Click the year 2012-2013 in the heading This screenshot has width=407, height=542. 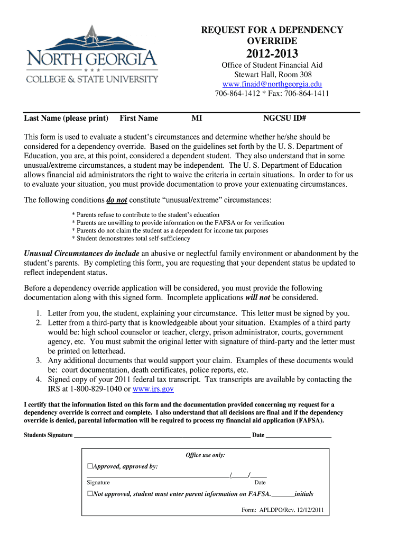[272, 53]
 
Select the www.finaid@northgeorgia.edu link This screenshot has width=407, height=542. [272, 84]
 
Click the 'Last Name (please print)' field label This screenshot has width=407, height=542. [66, 118]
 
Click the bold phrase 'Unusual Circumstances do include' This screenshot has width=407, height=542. [82, 254]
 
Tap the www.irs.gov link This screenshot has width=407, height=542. [153, 389]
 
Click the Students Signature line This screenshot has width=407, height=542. [162, 436]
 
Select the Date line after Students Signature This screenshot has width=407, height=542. [298, 436]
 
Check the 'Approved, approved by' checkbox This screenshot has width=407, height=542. [90, 466]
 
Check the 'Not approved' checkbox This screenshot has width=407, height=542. [90, 494]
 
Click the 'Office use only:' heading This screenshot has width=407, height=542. [205, 455]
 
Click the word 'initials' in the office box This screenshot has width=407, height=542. [304, 494]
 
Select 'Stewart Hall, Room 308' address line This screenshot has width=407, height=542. [272, 75]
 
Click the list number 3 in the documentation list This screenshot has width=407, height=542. [39, 360]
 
